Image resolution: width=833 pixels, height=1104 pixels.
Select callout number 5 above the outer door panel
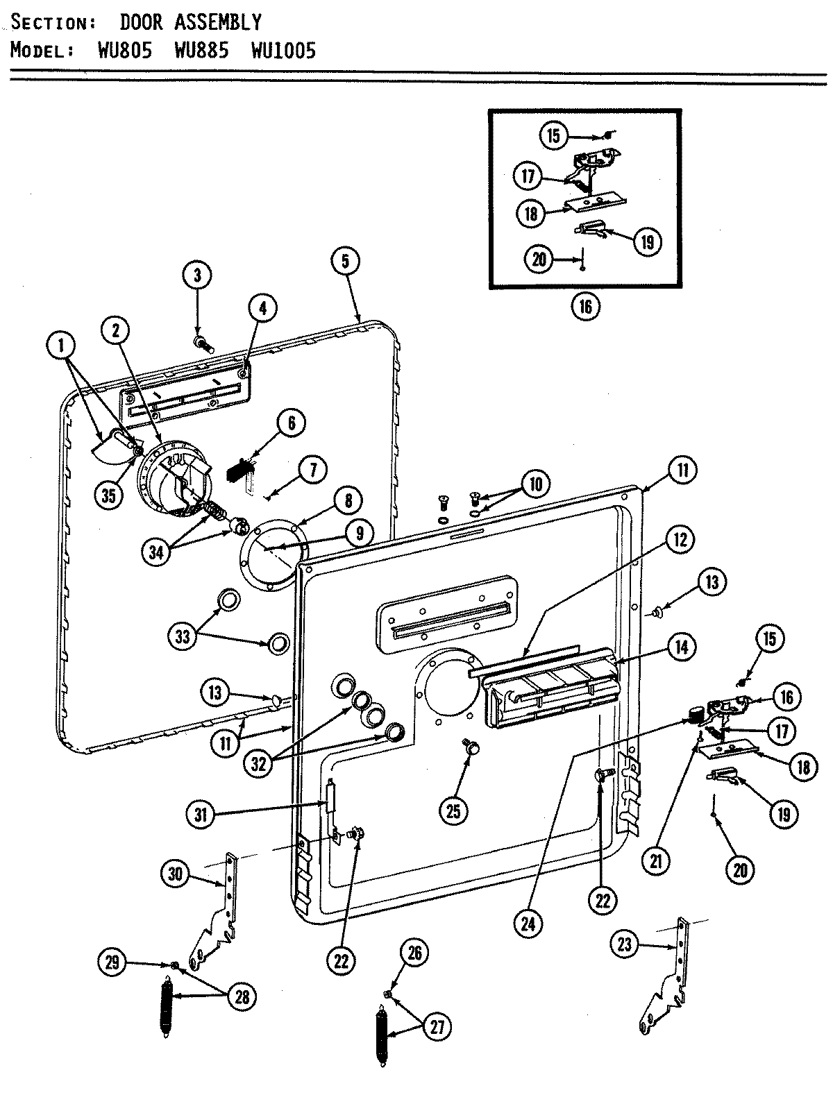coord(345,261)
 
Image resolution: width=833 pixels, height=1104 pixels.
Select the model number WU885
coord(202,51)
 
